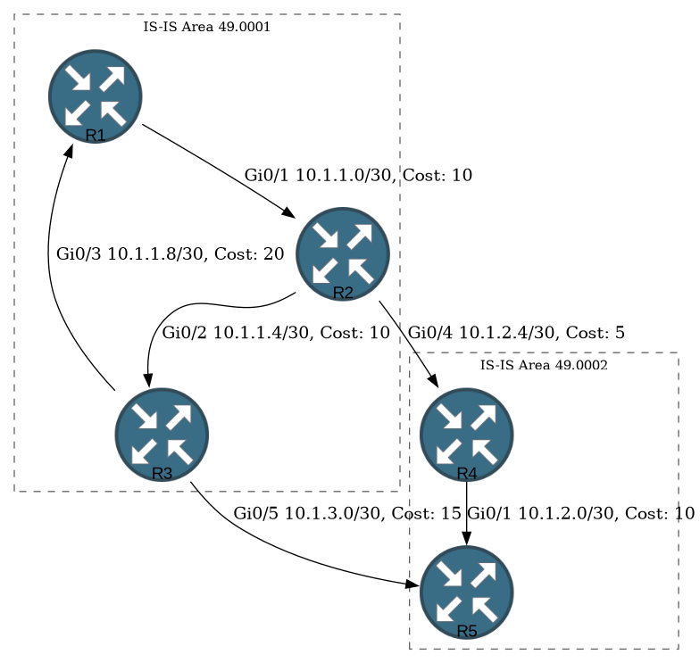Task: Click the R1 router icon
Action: tap(95, 96)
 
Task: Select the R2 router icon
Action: tap(343, 253)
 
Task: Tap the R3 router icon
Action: tap(162, 435)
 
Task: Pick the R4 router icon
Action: tap(466, 435)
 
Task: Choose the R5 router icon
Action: tap(466, 593)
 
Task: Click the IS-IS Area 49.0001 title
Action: tap(207, 27)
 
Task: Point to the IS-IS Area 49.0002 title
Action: tap(544, 365)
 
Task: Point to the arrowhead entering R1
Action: tap(70, 150)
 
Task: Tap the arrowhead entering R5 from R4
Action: tap(466, 538)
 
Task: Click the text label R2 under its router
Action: tap(343, 293)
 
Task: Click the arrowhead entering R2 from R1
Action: tap(289, 212)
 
